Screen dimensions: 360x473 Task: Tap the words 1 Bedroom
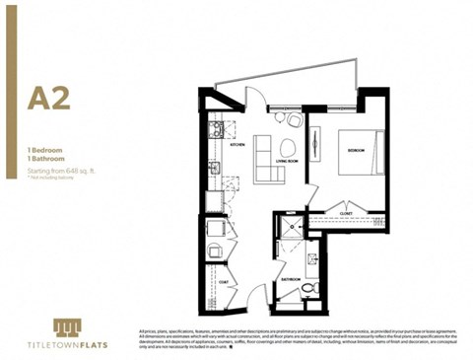[45, 147]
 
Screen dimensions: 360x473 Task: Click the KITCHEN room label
[237, 144]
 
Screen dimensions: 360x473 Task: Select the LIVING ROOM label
[287, 161]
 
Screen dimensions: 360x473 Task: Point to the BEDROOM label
[356, 150]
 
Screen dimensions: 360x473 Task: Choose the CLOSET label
[346, 212]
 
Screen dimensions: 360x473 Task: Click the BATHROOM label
[290, 279]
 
